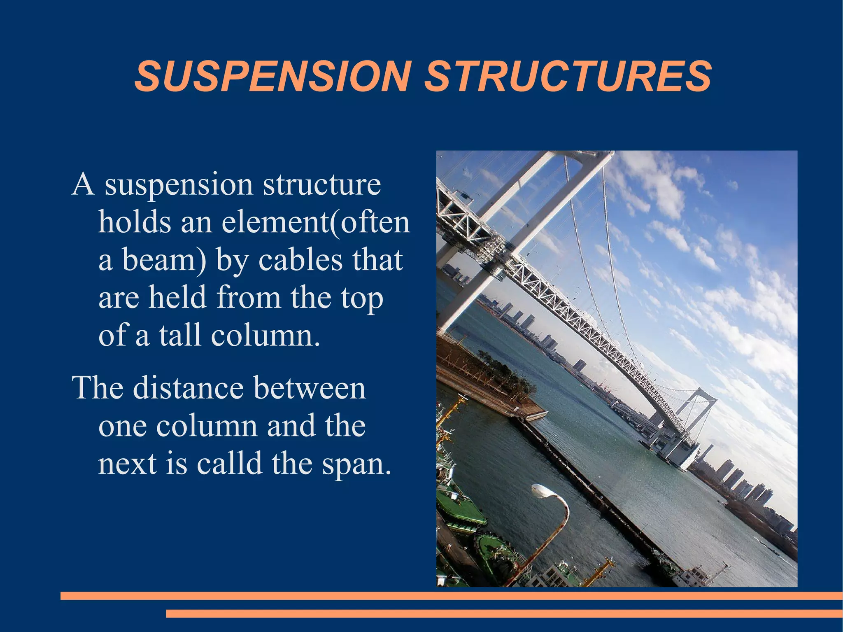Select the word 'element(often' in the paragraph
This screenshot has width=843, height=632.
coord(316,222)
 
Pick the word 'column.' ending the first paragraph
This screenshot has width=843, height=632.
coord(265,335)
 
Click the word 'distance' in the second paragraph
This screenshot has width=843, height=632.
coord(188,388)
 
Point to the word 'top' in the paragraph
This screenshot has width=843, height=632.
coord(362,299)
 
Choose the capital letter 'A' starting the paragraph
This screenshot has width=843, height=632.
coord(83,184)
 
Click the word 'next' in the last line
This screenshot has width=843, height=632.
coord(127,463)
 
